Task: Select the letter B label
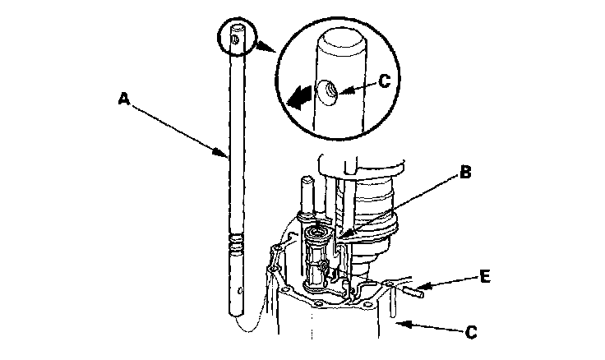click(x=464, y=173)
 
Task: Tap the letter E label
click(x=485, y=277)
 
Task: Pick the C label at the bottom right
click(x=471, y=332)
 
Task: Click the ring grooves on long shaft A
click(x=236, y=242)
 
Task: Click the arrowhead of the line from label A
click(x=228, y=154)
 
